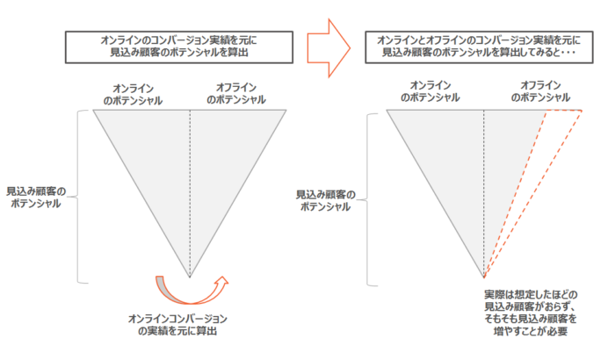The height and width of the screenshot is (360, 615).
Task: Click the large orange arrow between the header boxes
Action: coord(327,47)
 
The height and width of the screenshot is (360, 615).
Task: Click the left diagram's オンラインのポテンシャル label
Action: coord(133,94)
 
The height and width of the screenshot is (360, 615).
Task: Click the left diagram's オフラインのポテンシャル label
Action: coord(235,94)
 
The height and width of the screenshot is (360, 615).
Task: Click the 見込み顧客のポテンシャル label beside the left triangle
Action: coord(34,196)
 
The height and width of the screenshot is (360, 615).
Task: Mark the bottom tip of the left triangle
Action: coord(190,276)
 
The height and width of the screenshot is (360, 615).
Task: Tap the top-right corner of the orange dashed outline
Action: coord(582,111)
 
